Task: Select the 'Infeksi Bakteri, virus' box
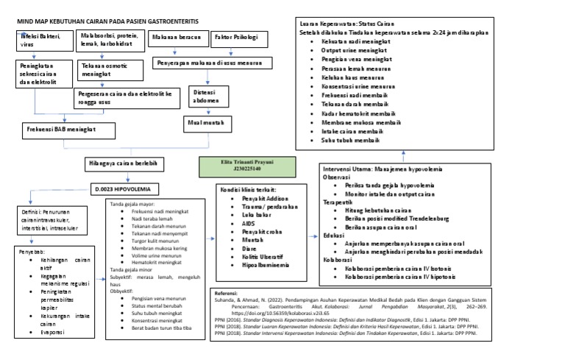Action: pyautogui.click(x=43, y=40)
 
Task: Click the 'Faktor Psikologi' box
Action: pyautogui.click(x=235, y=37)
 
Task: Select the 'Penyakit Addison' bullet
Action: pyautogui.click(x=258, y=199)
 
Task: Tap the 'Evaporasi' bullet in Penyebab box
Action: pyautogui.click(x=52, y=333)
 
